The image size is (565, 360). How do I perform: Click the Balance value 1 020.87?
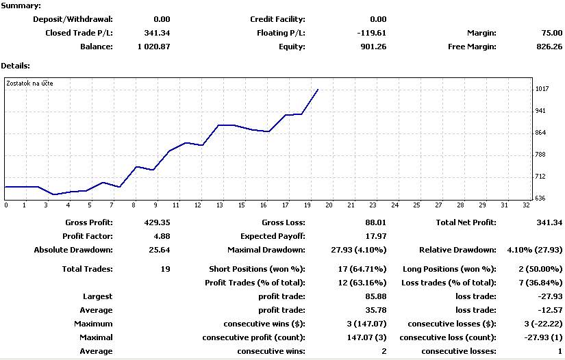(153, 47)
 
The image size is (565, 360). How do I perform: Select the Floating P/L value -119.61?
(371, 33)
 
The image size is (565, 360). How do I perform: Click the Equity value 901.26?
(373, 47)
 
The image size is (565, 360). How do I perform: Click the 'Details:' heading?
(15, 66)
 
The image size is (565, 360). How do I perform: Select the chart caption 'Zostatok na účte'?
(29, 83)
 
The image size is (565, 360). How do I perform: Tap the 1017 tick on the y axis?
(542, 89)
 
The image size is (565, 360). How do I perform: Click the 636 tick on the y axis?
(542, 198)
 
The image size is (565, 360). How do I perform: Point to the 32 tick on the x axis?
(526, 205)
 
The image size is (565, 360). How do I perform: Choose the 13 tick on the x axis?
(220, 205)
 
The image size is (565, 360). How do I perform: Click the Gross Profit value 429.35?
(156, 222)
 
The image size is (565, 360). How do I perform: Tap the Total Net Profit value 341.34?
(549, 222)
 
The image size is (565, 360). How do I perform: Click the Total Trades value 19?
(165, 269)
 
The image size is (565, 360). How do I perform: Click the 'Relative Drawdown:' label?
(457, 250)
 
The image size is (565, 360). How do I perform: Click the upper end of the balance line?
(318, 89)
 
